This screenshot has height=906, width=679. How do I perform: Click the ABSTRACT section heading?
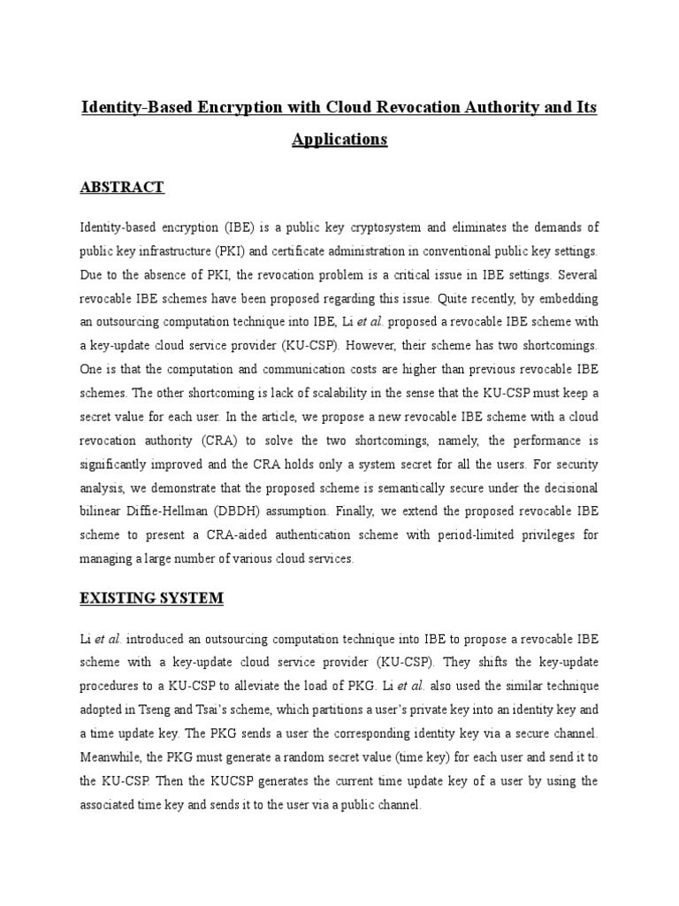click(122, 188)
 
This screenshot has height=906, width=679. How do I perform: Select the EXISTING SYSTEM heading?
click(152, 599)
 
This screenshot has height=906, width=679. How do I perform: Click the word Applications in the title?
click(339, 140)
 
